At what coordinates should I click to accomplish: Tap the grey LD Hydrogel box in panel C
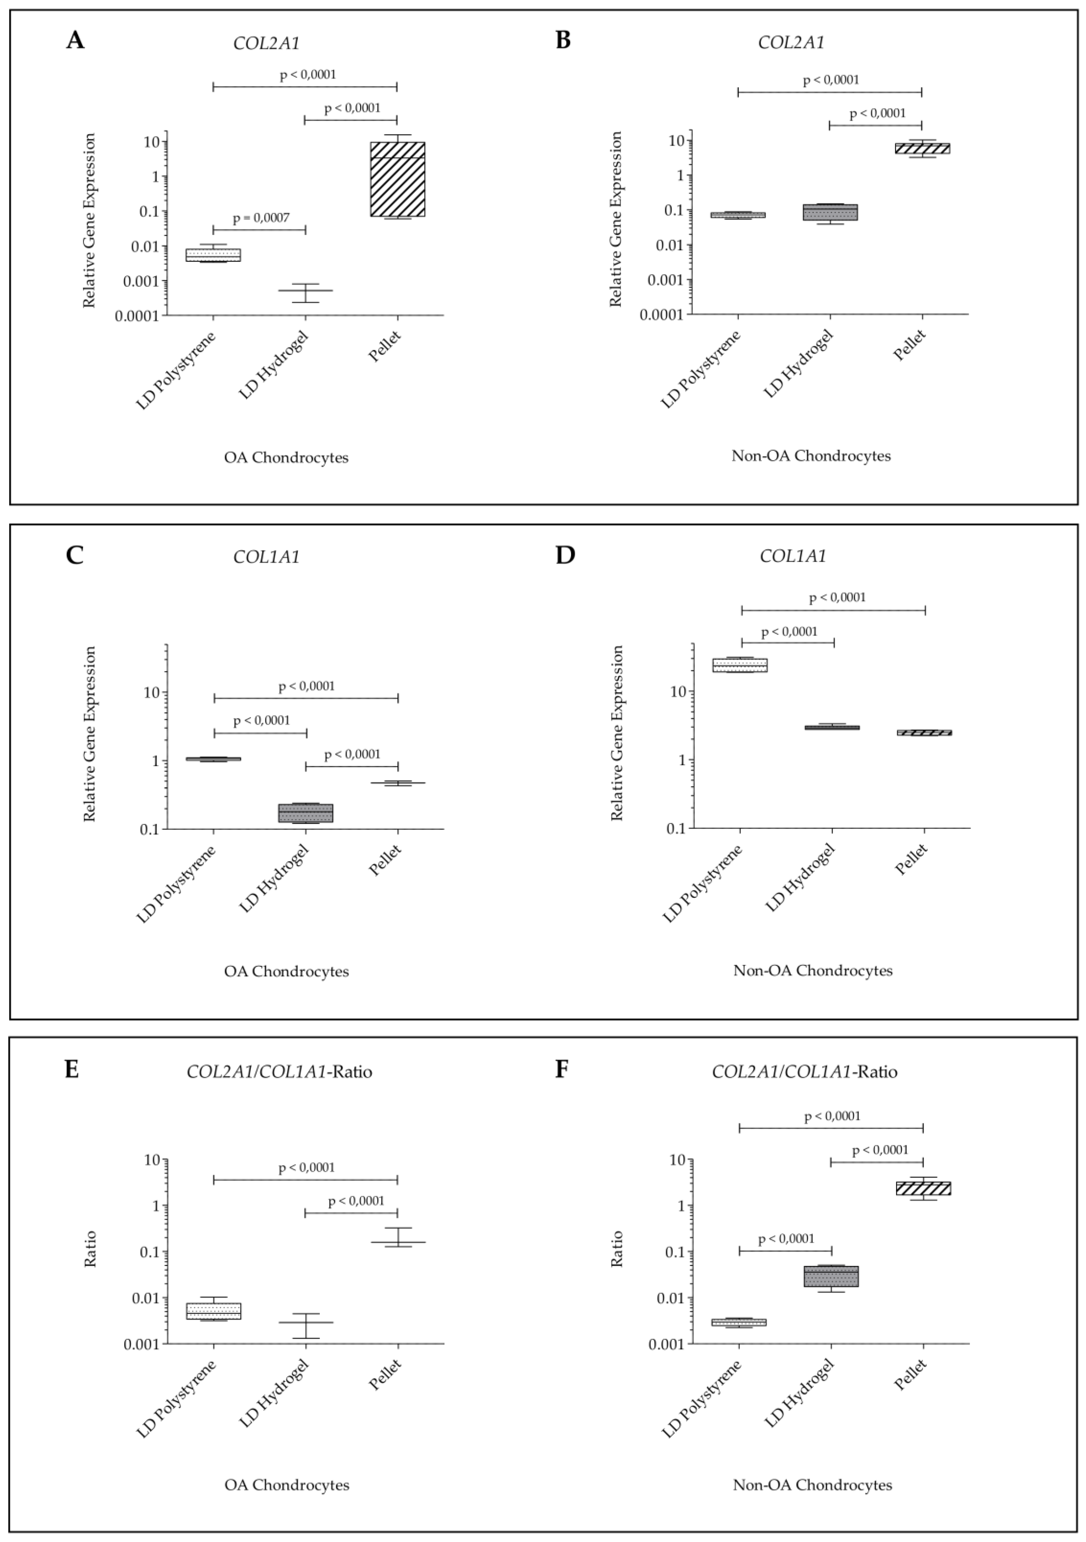tap(306, 813)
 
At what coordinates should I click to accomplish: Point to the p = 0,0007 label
tap(261, 218)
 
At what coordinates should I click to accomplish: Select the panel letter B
tap(563, 41)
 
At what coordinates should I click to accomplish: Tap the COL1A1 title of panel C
tap(267, 557)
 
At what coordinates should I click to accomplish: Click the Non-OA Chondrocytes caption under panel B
tap(811, 456)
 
